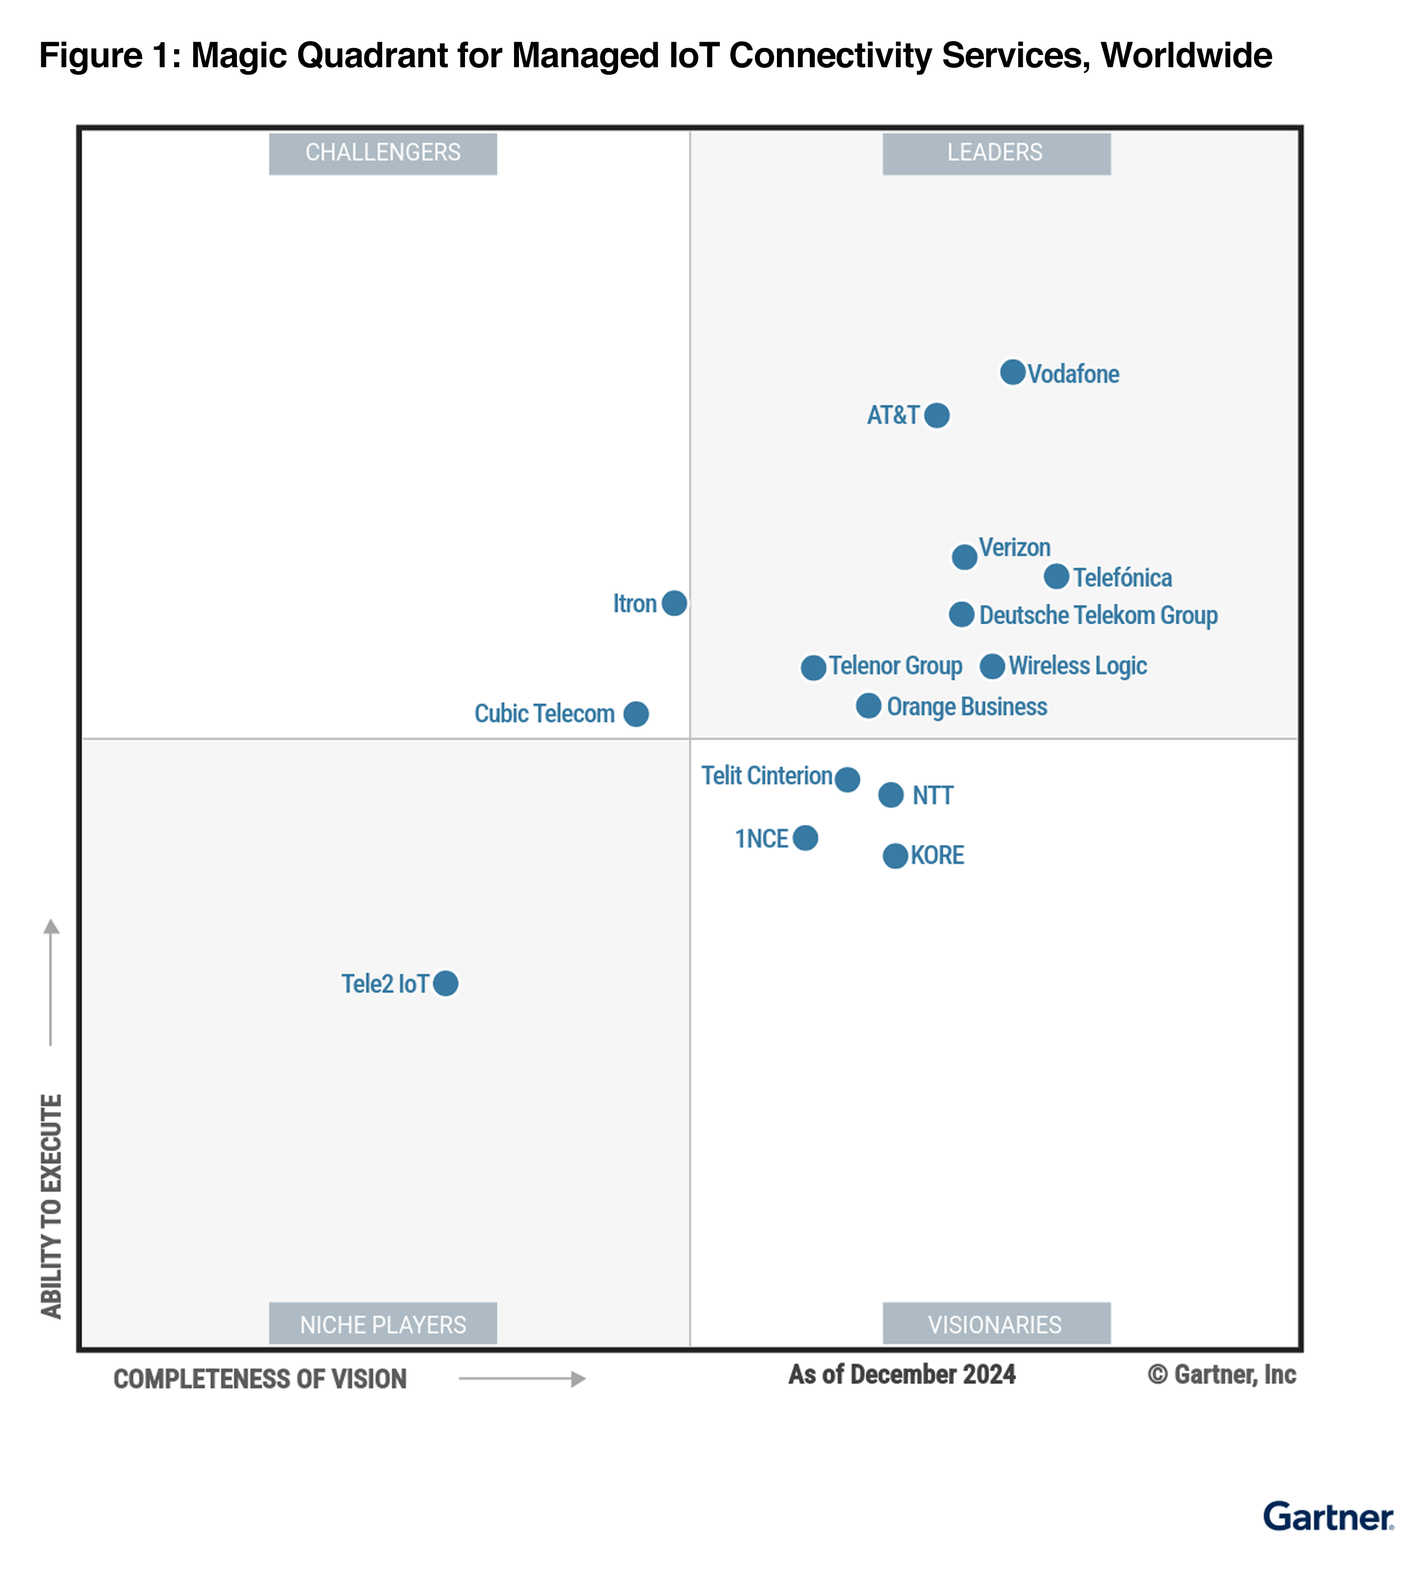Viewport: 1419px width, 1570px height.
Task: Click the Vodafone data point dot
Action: click(1012, 372)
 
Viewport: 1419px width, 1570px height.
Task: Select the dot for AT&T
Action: click(936, 415)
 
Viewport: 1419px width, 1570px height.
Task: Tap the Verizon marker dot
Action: click(964, 557)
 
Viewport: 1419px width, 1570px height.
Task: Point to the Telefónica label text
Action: click(1122, 578)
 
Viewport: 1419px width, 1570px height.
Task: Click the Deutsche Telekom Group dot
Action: click(961, 614)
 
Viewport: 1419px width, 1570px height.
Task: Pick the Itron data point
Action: click(674, 603)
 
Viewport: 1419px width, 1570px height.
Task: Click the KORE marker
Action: click(895, 856)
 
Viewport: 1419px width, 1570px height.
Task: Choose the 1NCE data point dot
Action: click(805, 838)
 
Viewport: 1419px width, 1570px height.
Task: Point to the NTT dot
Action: click(890, 795)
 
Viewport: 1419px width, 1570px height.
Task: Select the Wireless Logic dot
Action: click(992, 666)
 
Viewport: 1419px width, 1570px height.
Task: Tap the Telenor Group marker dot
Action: click(813, 667)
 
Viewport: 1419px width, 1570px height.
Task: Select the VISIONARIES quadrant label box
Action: click(996, 1324)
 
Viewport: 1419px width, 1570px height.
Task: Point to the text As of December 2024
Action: click(902, 1375)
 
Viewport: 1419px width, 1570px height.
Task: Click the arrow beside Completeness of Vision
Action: click(521, 1379)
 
